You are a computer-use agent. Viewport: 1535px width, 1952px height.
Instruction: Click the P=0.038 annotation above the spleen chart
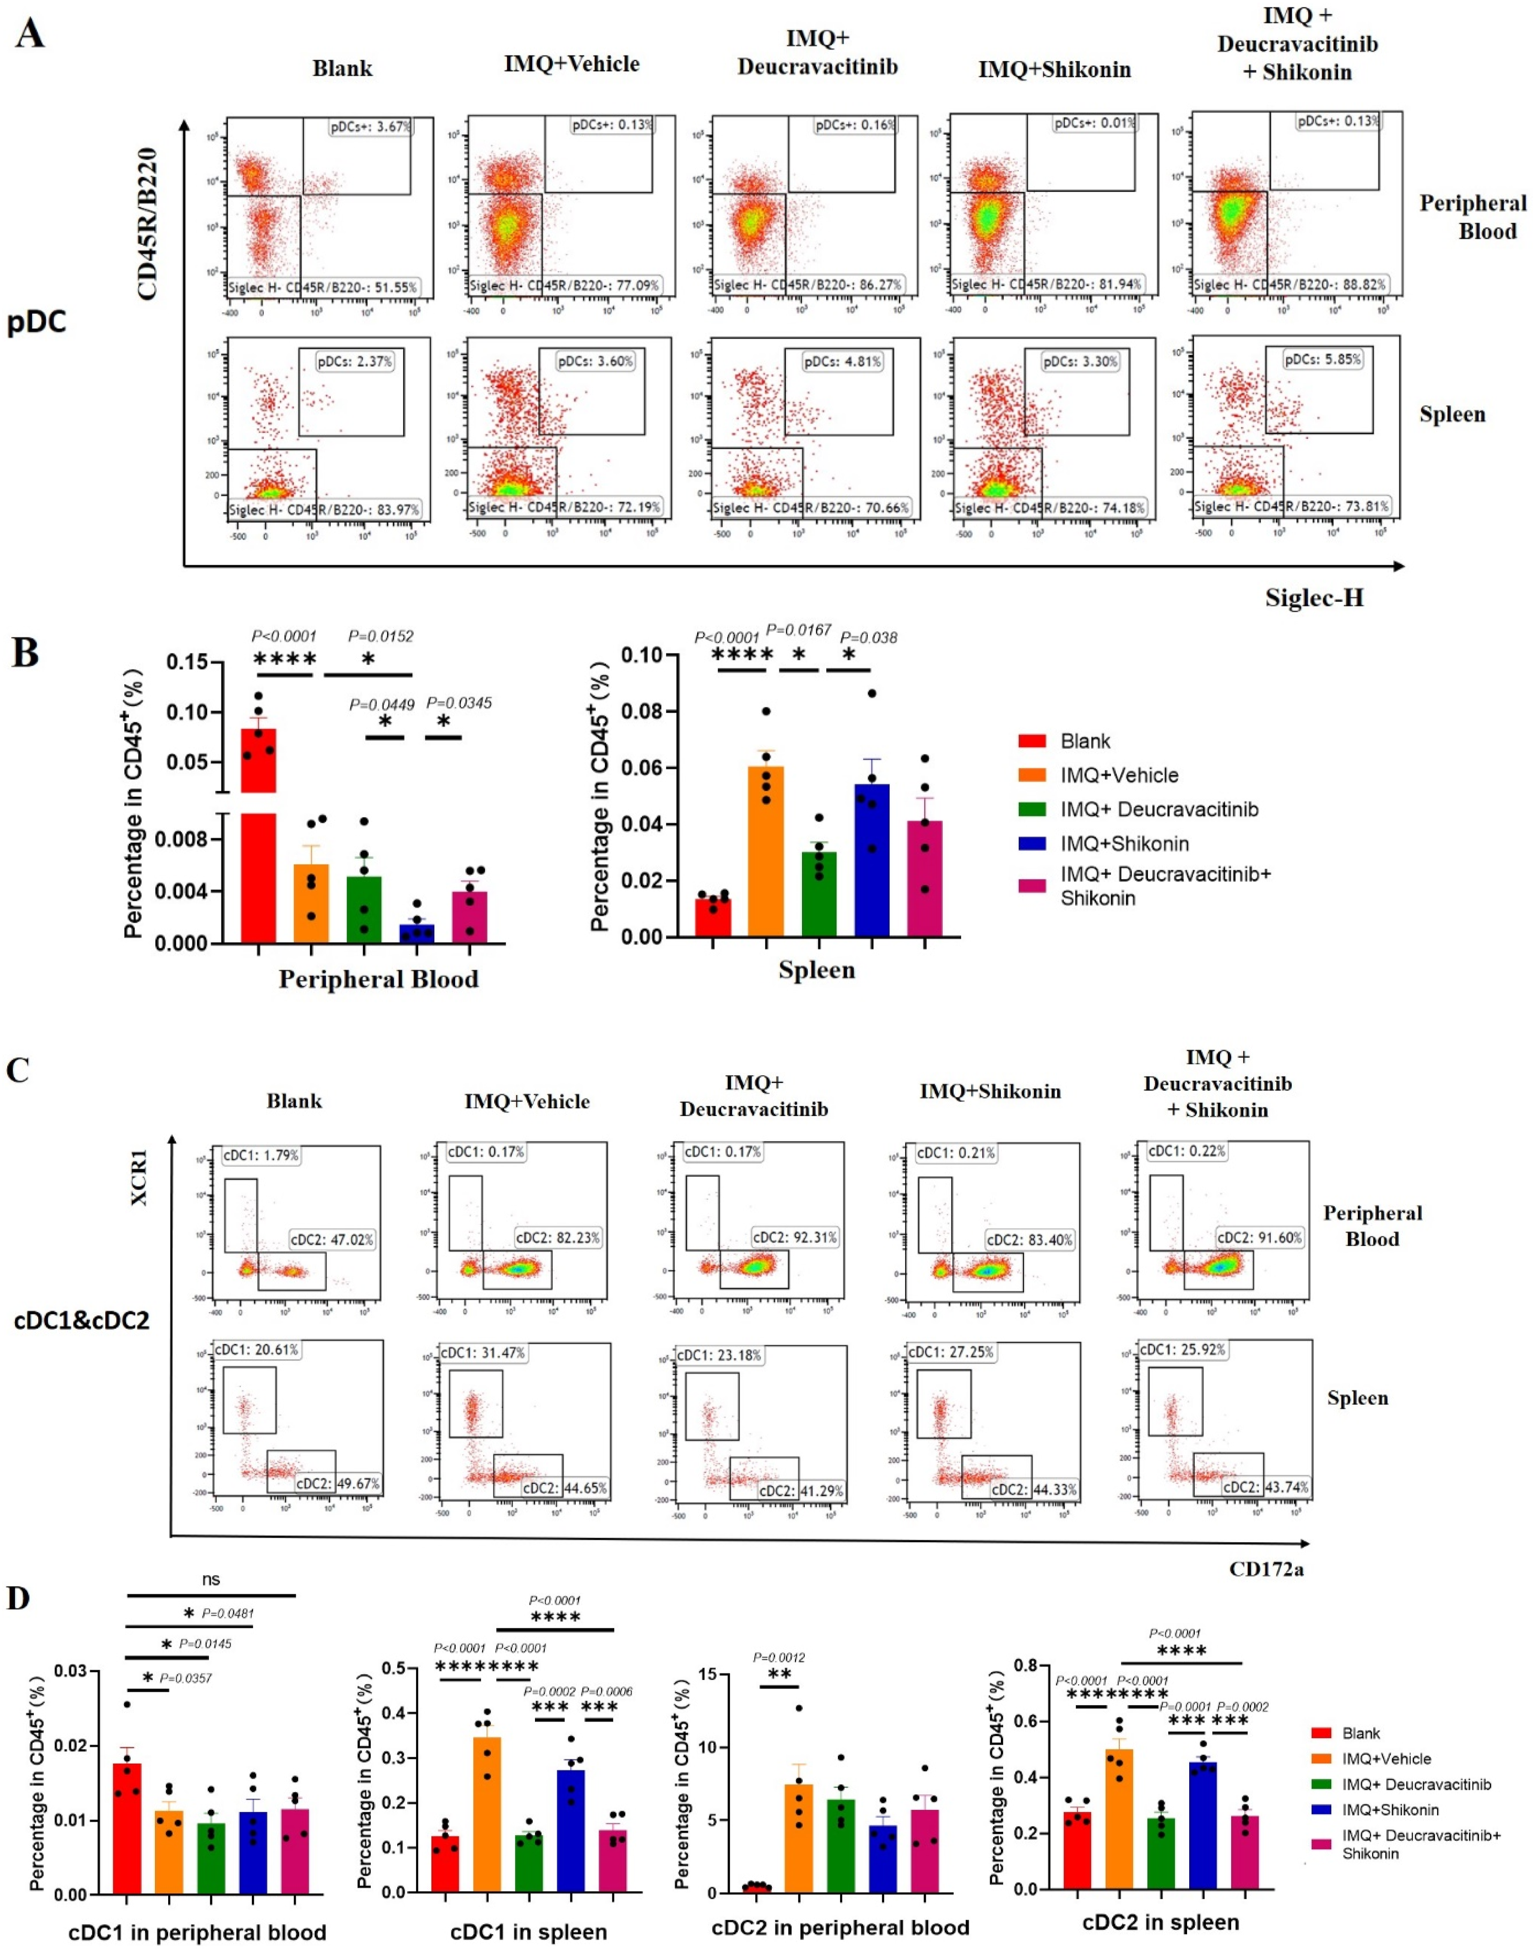[x=868, y=638]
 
